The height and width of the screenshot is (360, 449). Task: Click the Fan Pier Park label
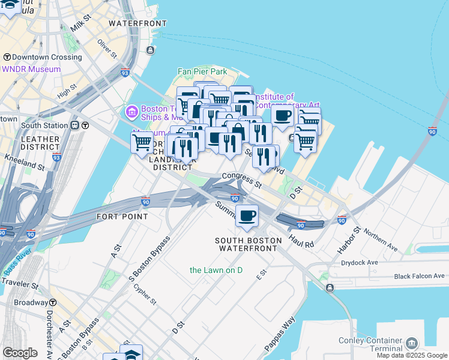pos(202,72)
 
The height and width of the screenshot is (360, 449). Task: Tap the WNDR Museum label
pos(31,69)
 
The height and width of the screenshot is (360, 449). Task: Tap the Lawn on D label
pos(216,270)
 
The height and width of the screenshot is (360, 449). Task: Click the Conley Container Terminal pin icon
pos(412,343)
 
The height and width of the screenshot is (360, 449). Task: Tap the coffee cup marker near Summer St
pos(247,216)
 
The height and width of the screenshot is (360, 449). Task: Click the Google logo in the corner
pos(20,353)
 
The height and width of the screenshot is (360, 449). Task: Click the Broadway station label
pos(30,303)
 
